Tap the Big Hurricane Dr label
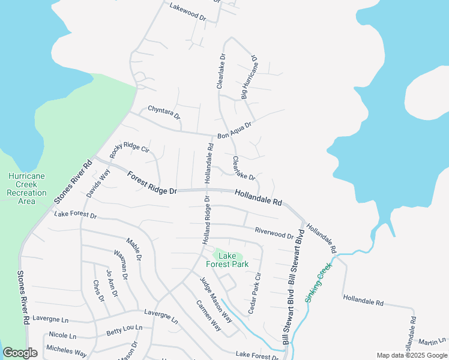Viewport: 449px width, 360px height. (x=249, y=78)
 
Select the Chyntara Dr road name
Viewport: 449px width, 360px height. (x=164, y=112)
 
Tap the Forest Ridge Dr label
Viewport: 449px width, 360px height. (x=152, y=182)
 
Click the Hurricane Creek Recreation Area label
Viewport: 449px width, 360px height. (x=26, y=188)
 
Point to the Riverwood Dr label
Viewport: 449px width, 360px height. (x=274, y=233)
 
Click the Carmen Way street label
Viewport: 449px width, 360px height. (x=208, y=314)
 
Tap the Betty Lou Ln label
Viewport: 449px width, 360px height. (x=124, y=329)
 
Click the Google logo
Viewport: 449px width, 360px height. (x=20, y=353)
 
